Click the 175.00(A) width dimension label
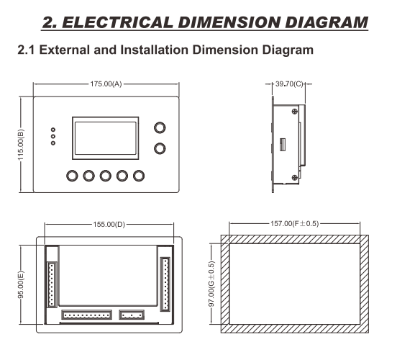click(106, 84)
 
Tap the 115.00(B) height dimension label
click(21, 145)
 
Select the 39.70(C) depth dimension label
click(289, 84)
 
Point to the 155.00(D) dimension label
click(109, 225)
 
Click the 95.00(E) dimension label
click(21, 284)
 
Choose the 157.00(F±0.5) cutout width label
click(294, 224)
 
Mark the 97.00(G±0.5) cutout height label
click(211, 284)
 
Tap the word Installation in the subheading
click(154, 50)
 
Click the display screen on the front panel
click(106, 138)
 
